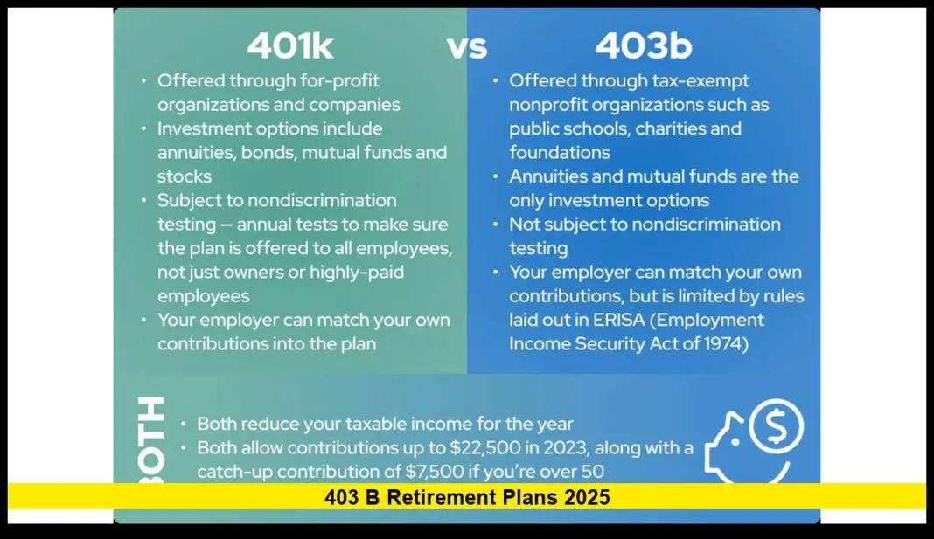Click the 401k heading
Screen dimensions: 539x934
click(x=289, y=45)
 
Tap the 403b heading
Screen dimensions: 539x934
click(x=643, y=45)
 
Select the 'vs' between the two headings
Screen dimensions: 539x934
click(x=467, y=47)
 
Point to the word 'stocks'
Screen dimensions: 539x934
click(x=185, y=176)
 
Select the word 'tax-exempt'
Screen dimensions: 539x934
click(x=700, y=81)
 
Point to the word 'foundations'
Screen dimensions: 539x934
click(x=560, y=153)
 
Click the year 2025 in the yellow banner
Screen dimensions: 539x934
click(x=587, y=497)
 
